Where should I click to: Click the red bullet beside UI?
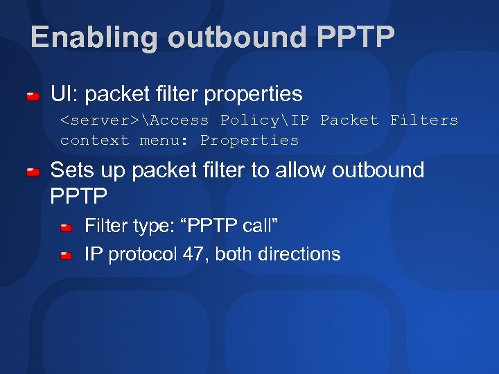33,95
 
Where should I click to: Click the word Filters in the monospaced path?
423,120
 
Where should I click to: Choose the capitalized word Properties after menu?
249,140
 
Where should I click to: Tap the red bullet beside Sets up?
33,171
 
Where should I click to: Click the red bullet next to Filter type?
66,227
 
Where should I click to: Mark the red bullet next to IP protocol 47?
66,256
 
